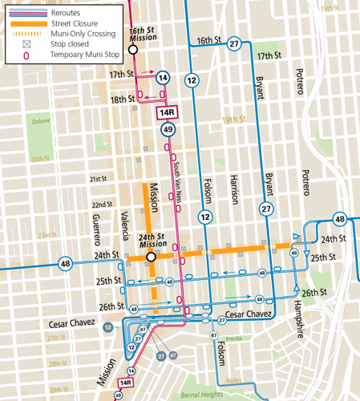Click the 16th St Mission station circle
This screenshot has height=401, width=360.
click(132, 49)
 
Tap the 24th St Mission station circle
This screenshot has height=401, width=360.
click(150, 257)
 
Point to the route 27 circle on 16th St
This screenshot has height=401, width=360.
click(233, 44)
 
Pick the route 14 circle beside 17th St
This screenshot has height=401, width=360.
click(163, 78)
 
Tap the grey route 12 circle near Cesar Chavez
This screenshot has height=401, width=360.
click(107, 327)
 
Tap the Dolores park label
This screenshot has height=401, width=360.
click(41, 122)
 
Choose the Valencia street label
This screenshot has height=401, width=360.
click(124, 229)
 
